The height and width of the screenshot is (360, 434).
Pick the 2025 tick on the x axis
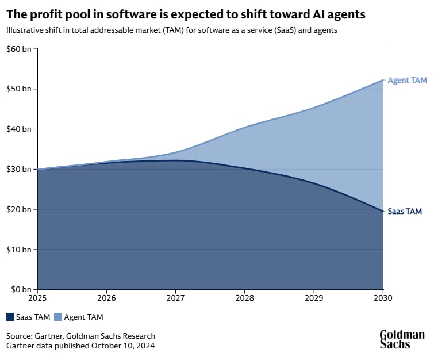click(37, 298)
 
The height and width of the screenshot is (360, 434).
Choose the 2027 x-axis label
click(175, 298)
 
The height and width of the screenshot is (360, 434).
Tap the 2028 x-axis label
click(244, 298)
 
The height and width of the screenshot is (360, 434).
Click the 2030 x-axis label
click(382, 298)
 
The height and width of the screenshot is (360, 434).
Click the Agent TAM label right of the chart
click(407, 81)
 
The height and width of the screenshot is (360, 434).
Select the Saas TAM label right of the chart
click(405, 211)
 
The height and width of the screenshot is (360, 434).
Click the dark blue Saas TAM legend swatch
click(11, 317)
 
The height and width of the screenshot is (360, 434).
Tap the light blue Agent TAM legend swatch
click(58, 317)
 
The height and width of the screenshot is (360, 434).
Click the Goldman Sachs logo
click(402, 339)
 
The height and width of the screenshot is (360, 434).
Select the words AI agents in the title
click(339, 13)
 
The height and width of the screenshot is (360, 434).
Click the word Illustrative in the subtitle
click(25, 30)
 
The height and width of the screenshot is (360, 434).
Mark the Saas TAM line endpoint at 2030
click(382, 211)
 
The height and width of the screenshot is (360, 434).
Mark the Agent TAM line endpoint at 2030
click(382, 80)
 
